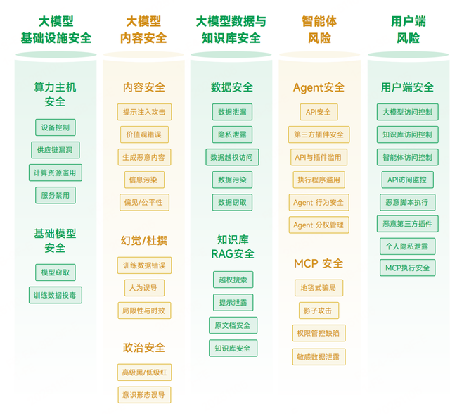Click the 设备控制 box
click(x=55, y=127)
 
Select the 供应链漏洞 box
click(x=55, y=150)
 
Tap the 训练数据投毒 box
click(x=55, y=295)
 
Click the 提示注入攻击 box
click(x=143, y=112)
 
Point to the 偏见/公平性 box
click(x=143, y=203)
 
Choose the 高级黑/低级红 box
click(x=143, y=372)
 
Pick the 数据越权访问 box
click(x=231, y=157)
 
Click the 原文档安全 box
click(x=231, y=325)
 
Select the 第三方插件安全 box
click(x=319, y=134)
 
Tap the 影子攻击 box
click(x=319, y=310)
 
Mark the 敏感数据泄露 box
click(x=319, y=357)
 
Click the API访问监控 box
click(x=407, y=180)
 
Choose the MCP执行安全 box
click(x=407, y=268)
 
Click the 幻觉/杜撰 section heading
click(x=143, y=241)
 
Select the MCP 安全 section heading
click(x=319, y=263)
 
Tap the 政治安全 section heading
click(x=143, y=348)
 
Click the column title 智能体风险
click(x=319, y=30)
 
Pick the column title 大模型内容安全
click(x=143, y=30)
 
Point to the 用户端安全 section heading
click(x=407, y=87)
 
